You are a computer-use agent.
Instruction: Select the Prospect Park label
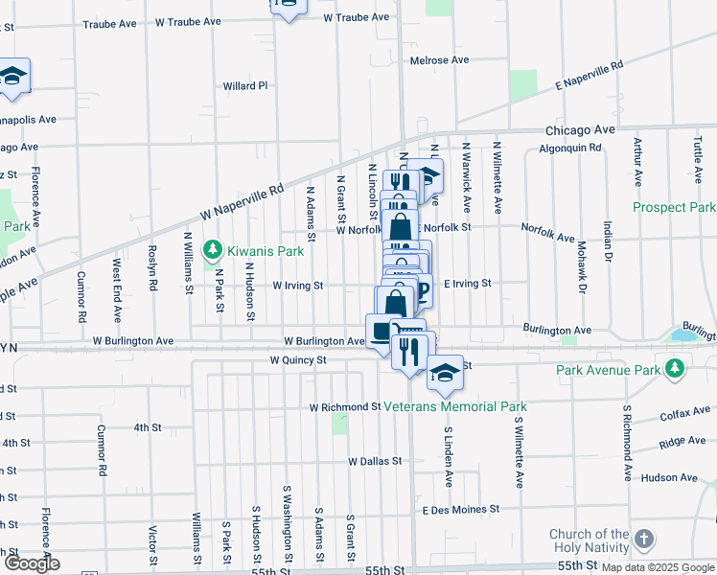point(674,207)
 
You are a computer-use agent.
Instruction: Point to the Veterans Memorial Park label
point(461,406)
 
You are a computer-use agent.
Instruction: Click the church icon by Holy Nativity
point(643,540)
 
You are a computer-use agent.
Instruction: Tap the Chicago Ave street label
point(579,129)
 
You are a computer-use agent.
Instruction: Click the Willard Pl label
point(245,86)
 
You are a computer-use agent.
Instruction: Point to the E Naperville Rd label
point(590,77)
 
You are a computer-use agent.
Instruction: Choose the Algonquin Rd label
point(569,149)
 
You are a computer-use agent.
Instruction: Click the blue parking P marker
point(419,290)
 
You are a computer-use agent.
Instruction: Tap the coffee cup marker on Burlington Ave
point(382,332)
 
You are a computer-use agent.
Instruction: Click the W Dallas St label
point(374,461)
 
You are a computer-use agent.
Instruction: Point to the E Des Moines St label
point(460,509)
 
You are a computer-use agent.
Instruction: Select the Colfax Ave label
point(682,417)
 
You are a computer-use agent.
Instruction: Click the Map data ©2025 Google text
point(657,567)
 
